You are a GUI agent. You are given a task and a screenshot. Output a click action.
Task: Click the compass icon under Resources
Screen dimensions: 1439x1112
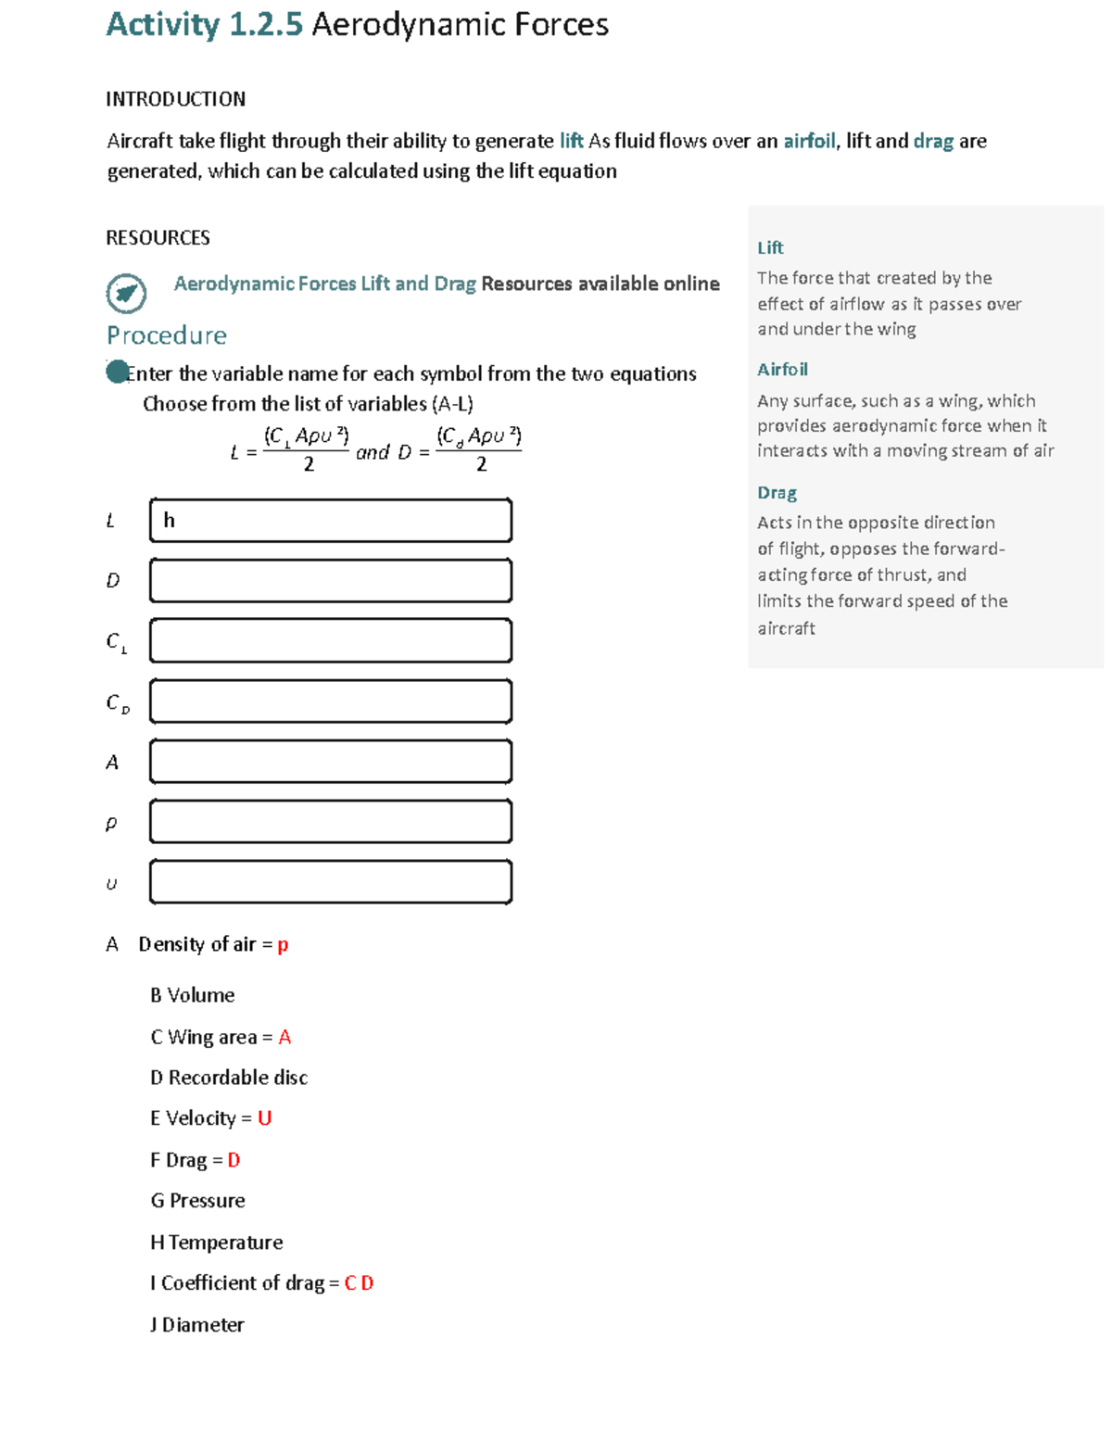126,294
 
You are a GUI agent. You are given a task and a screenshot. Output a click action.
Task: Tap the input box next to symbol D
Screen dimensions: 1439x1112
331,581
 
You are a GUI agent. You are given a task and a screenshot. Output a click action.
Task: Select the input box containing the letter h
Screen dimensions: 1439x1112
331,521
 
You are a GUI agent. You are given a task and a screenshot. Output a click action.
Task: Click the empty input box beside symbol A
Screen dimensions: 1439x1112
331,762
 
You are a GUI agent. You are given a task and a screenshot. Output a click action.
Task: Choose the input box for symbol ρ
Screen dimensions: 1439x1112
331,822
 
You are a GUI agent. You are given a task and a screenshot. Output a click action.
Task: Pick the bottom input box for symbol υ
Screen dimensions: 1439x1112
331,882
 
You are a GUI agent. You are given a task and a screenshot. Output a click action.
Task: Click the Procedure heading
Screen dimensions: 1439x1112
167,335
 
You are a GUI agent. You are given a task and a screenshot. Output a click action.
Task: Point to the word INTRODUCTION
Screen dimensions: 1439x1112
175,99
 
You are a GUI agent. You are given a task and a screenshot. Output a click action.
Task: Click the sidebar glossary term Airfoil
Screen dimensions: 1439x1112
782,370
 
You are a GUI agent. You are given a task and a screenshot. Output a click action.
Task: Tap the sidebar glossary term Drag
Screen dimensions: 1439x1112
777,493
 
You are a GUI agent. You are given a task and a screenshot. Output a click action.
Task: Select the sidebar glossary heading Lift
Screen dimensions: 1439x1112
770,247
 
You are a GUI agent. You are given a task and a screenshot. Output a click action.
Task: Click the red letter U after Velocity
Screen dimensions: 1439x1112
264,1118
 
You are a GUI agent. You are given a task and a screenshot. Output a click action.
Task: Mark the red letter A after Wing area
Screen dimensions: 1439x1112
284,1037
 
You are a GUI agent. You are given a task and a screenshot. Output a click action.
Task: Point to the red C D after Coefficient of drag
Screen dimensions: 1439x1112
359,1283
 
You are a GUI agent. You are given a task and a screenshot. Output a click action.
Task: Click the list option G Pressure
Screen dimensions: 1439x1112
197,1201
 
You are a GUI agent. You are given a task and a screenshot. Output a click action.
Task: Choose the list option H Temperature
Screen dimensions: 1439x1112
217,1243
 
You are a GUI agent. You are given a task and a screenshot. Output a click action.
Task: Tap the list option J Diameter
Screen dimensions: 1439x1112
197,1325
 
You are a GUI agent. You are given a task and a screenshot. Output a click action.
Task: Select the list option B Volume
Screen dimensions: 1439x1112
193,995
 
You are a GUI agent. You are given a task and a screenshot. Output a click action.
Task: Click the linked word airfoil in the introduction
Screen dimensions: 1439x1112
809,141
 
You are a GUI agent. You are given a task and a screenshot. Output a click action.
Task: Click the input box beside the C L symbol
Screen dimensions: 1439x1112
331,641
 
